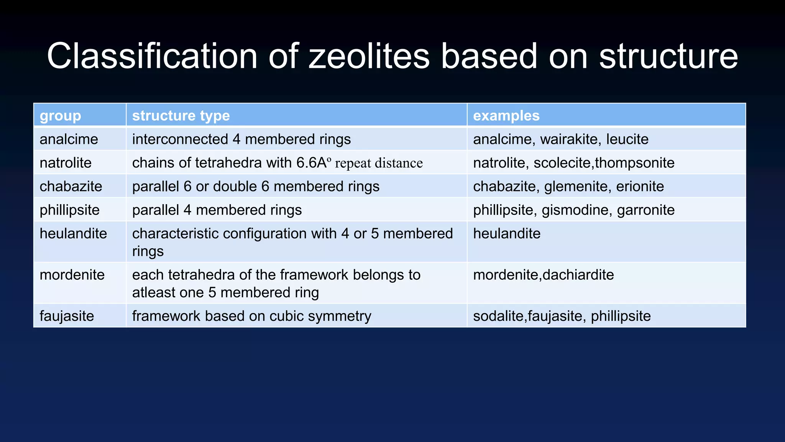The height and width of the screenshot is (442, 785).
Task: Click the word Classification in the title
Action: [x=152, y=56]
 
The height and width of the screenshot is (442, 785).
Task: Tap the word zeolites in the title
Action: [x=369, y=56]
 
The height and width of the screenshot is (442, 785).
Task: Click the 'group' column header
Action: [x=60, y=115]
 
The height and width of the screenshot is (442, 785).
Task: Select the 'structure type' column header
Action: [x=181, y=115]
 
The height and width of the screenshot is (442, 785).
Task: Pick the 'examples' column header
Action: [x=506, y=115]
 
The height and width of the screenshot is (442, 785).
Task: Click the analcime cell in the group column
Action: [x=69, y=139]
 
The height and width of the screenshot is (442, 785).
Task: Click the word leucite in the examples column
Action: [x=627, y=139]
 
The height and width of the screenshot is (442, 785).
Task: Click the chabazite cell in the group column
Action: [x=71, y=186]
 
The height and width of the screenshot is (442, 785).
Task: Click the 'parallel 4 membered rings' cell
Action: [x=217, y=210]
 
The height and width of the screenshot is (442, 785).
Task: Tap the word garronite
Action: [x=645, y=210]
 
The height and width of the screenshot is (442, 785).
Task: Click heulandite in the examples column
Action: [x=506, y=234]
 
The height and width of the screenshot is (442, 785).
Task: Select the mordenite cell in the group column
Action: [x=72, y=275]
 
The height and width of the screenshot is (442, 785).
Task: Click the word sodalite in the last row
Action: [x=498, y=316]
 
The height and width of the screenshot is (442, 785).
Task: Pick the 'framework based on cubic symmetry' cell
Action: [x=251, y=316]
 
